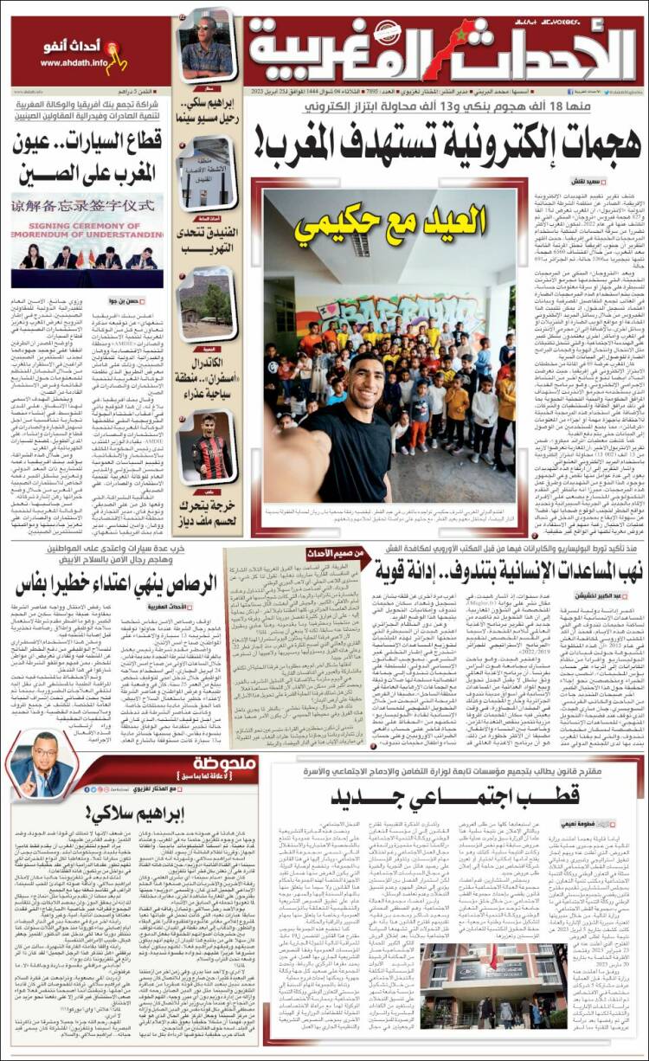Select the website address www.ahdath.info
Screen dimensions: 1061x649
click(x=74, y=63)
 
